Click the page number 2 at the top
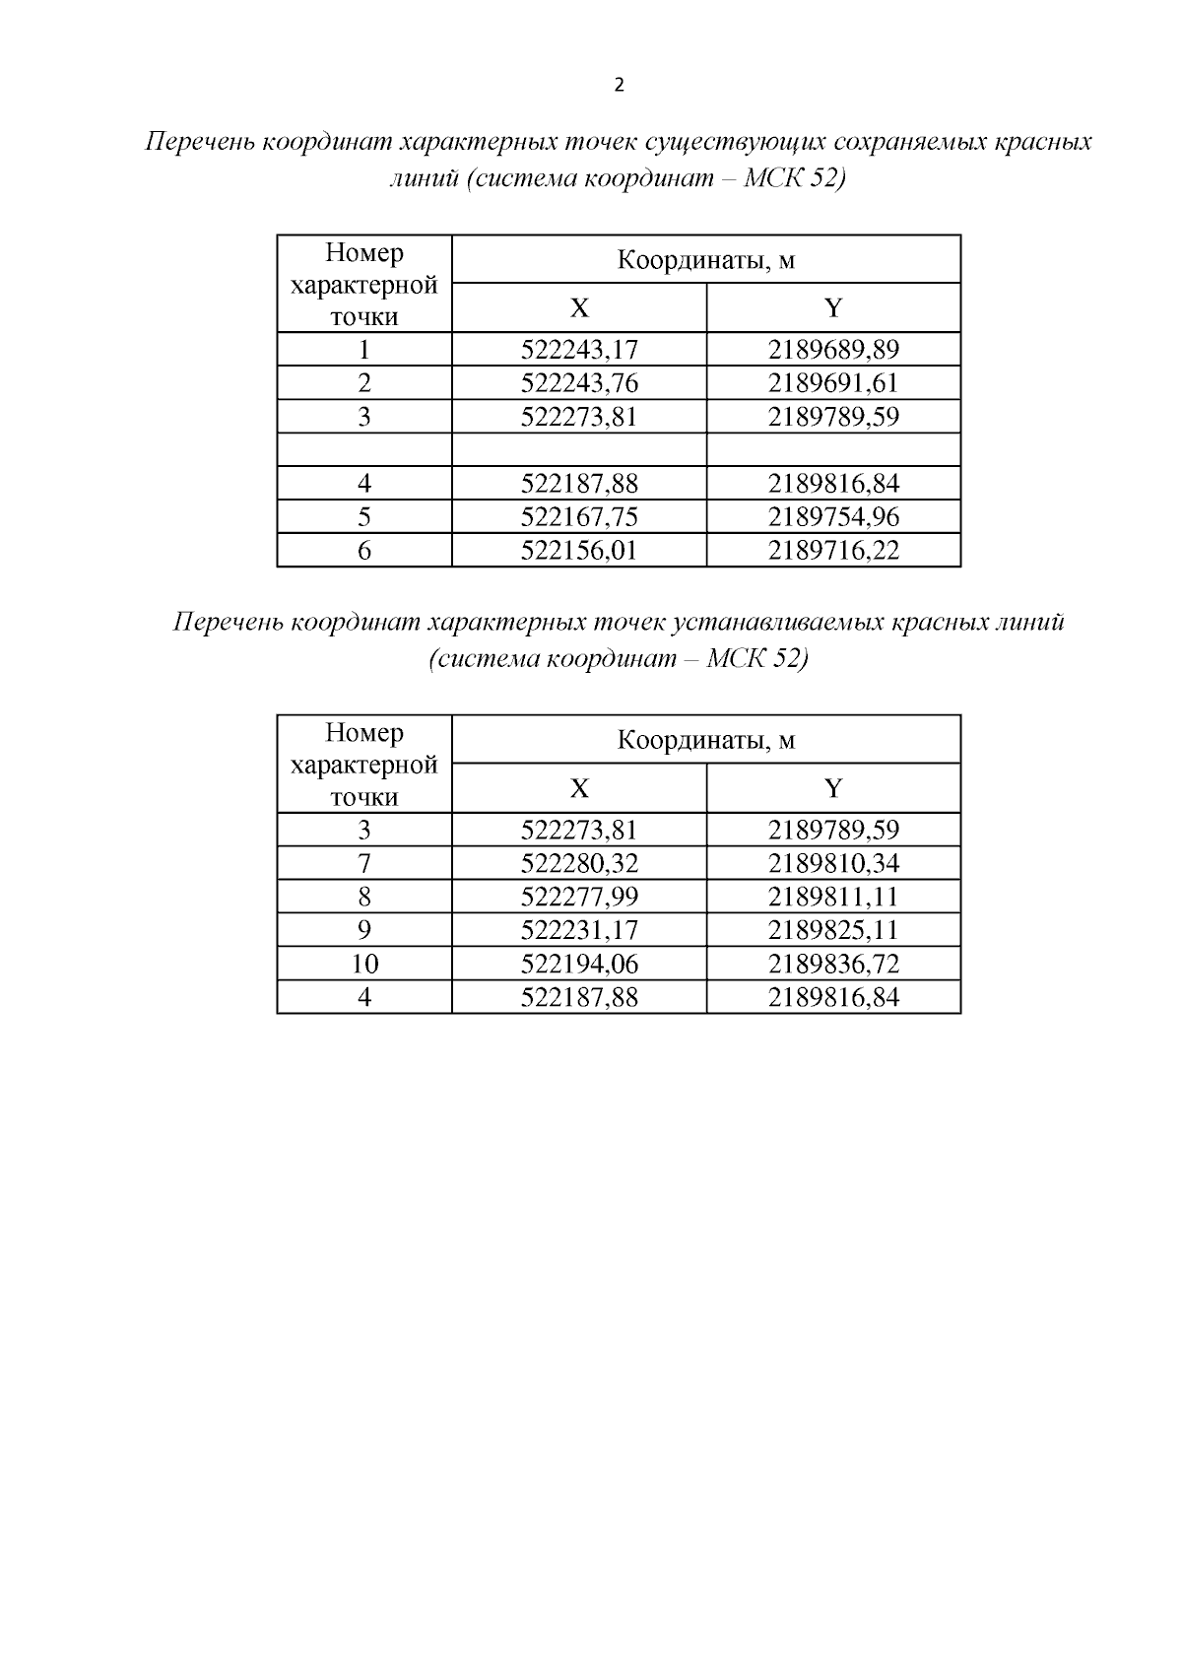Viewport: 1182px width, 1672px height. [619, 86]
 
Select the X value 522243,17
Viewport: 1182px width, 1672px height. [579, 350]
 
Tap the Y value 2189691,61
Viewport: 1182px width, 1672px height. [833, 383]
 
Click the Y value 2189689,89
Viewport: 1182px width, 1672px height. [833, 350]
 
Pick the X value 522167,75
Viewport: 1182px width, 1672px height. [579, 517]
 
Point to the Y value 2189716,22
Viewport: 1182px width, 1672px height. [833, 551]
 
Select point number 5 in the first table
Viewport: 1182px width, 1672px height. [364, 517]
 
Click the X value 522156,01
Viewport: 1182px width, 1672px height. [579, 551]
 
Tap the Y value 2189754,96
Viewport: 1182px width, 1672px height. [833, 517]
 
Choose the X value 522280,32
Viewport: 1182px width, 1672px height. [579, 864]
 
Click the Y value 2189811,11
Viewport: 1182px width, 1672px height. [833, 898]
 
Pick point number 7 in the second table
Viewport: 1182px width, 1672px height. [364, 864]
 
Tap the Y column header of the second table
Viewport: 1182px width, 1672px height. [833, 788]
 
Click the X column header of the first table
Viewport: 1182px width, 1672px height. [579, 308]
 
